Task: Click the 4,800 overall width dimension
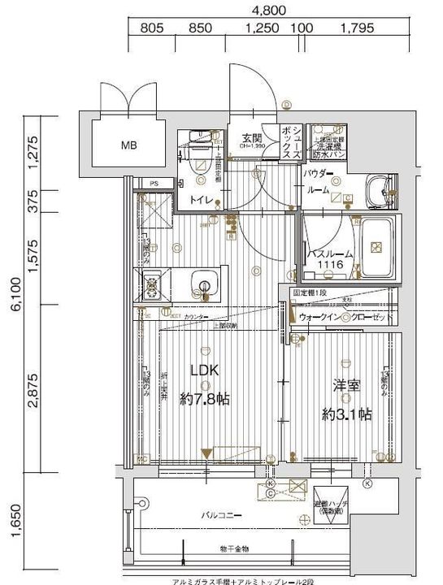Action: (269, 11)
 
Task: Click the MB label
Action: (129, 146)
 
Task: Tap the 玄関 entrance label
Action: (250, 137)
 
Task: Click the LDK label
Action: (204, 370)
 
